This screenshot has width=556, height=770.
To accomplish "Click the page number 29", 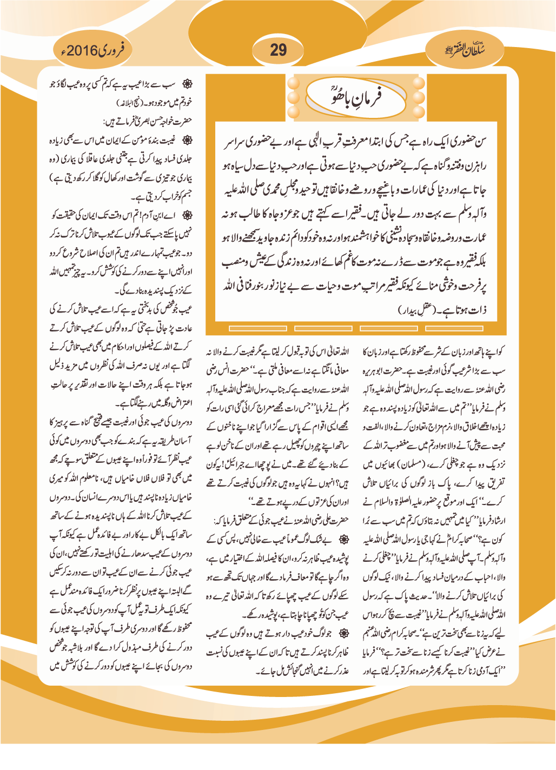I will click(278, 50).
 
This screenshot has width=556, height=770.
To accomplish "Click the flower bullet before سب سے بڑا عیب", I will click(187, 84).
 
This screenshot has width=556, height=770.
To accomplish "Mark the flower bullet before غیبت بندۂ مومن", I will click(187, 141).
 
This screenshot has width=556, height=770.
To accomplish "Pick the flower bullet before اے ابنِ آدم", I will click(187, 216).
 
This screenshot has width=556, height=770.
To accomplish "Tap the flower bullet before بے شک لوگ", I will click(343, 540).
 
